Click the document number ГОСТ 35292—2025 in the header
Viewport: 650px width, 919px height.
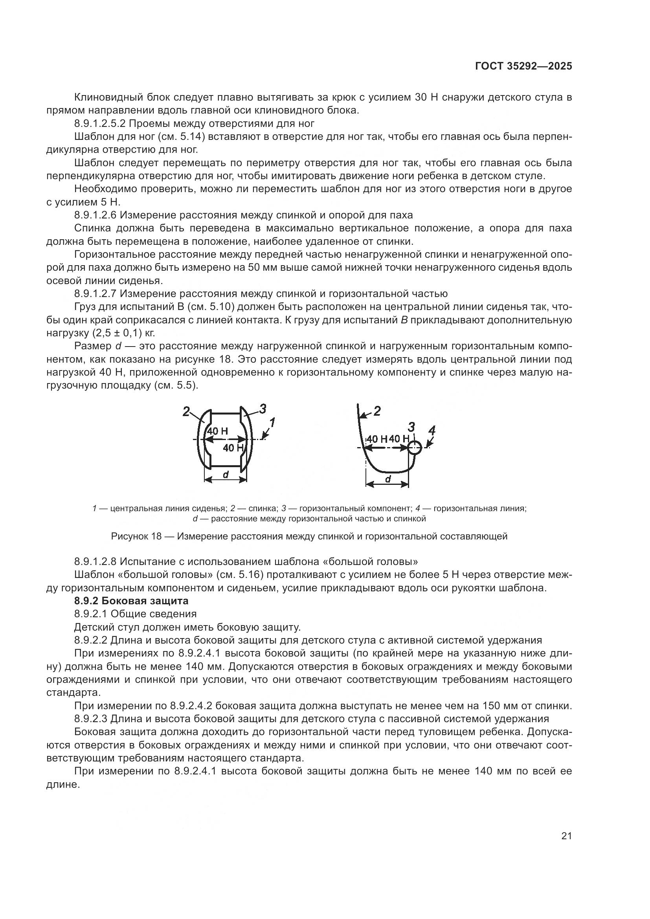click(x=523, y=66)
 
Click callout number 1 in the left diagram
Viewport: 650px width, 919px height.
click(x=272, y=422)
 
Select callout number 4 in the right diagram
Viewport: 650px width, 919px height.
click(x=431, y=431)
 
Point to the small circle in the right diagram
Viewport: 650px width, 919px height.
click(x=415, y=448)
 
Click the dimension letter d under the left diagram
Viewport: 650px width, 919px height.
click(x=225, y=474)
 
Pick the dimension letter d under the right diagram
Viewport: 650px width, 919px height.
click(x=387, y=479)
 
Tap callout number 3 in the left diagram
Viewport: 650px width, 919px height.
click(x=263, y=409)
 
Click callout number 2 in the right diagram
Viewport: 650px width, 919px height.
click(x=376, y=411)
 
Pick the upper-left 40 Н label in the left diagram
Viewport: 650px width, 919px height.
click(x=218, y=431)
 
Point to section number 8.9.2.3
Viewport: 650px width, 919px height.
click(x=90, y=718)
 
